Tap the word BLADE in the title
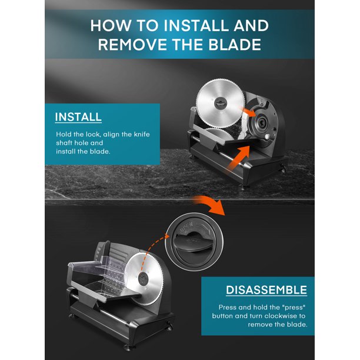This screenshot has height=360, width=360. (x=235, y=44)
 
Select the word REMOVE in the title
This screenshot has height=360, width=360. (x=132, y=44)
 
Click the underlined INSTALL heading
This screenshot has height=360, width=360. (x=78, y=117)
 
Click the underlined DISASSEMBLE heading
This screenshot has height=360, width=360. (x=266, y=290)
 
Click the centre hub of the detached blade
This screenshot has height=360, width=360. (x=221, y=103)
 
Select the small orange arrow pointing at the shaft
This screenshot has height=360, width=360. (x=248, y=112)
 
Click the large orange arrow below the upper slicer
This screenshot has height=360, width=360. (x=238, y=158)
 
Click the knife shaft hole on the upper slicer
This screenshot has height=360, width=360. (x=262, y=123)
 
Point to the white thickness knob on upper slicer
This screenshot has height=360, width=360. (x=268, y=137)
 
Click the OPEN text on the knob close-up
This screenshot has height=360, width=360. (x=186, y=227)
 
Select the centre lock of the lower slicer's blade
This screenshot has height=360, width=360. (x=144, y=278)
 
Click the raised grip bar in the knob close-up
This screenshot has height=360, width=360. (x=194, y=239)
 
